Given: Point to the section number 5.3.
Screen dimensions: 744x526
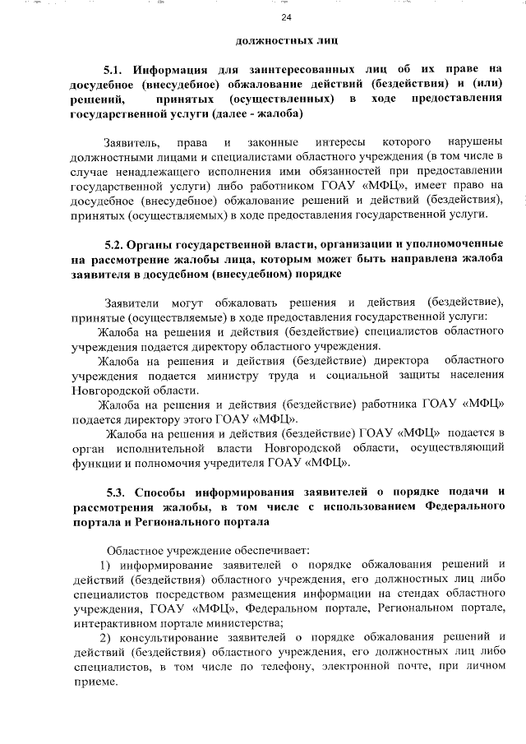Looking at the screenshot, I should point(118,492).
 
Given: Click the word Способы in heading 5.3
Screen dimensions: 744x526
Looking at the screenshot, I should point(174,492).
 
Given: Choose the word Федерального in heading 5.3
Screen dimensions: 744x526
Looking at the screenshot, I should point(465,506).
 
